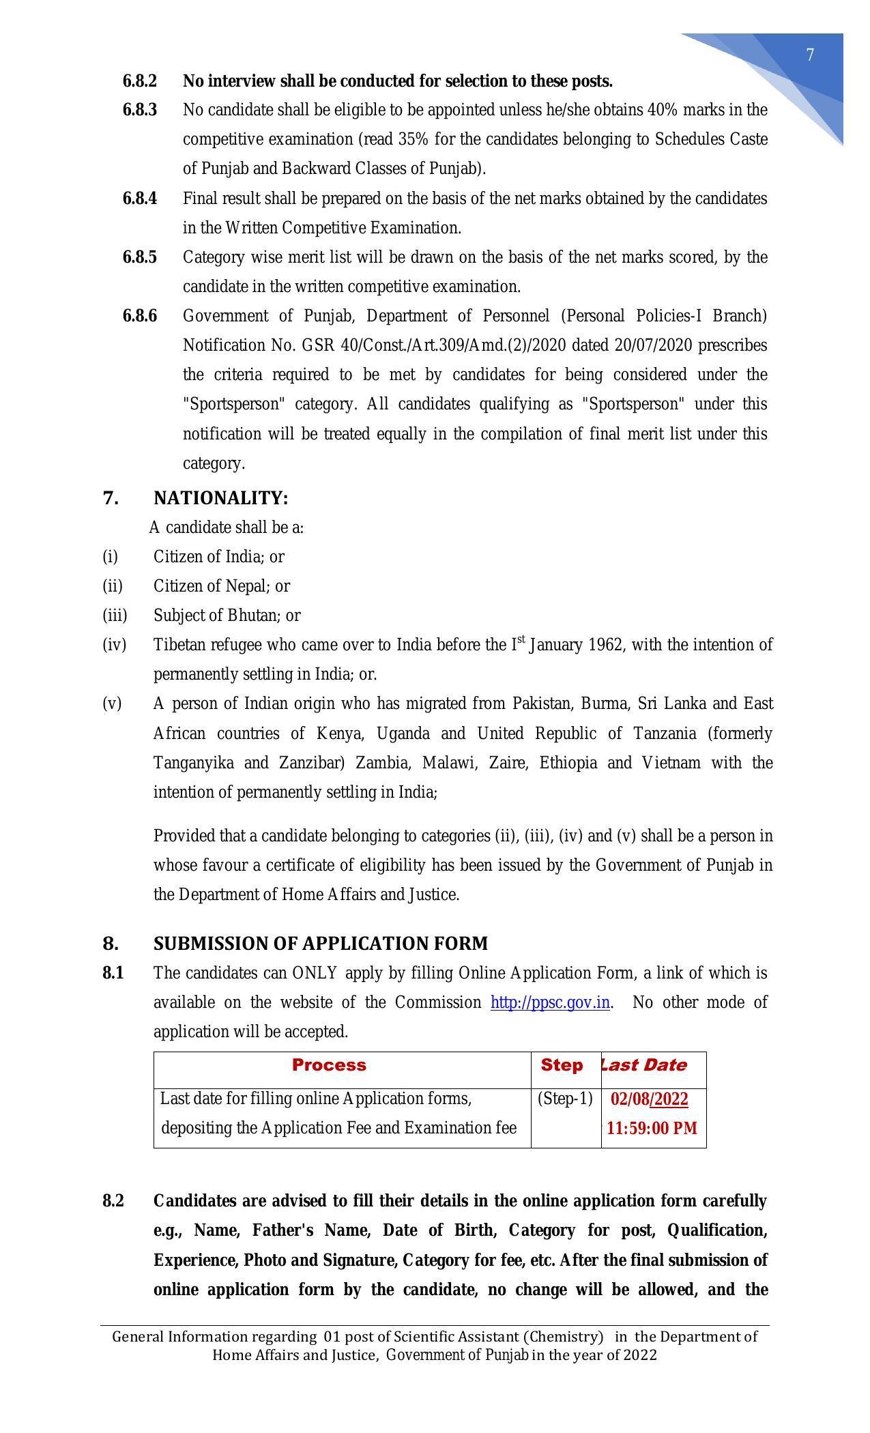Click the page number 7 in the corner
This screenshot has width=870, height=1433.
(810, 55)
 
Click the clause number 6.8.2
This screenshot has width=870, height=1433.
(139, 81)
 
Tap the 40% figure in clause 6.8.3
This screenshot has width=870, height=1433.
(663, 110)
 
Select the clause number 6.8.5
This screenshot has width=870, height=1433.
(139, 257)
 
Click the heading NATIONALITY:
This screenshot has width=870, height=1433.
(220, 498)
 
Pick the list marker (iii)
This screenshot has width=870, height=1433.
(115, 616)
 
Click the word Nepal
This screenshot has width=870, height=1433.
(250, 586)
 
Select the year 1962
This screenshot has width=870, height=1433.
(605, 645)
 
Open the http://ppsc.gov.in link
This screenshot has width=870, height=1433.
(550, 1002)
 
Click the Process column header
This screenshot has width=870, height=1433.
(329, 1065)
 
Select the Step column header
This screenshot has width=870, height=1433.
(562, 1065)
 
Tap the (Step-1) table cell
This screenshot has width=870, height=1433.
(565, 1099)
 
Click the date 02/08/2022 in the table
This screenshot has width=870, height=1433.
(649, 1099)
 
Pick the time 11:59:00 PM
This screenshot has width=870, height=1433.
(652, 1128)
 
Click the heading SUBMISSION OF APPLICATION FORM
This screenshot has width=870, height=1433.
(320, 944)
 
